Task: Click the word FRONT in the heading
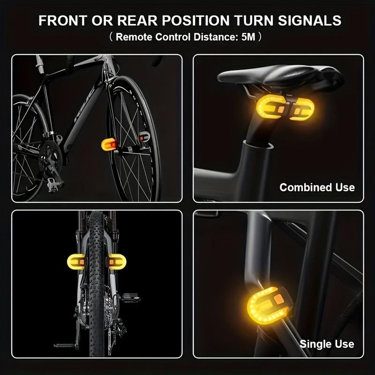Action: point(62,21)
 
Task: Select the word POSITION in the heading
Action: point(196,21)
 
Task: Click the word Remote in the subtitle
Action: point(134,37)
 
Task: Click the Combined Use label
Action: point(317,187)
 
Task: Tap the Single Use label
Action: point(327,344)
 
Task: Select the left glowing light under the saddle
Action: point(271,107)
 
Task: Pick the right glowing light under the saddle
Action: point(302,110)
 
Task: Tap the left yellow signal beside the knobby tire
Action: point(76,262)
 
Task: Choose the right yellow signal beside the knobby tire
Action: point(117,262)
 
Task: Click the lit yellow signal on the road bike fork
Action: point(109,144)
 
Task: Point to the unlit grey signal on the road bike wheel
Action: point(144,136)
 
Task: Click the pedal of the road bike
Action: point(54,185)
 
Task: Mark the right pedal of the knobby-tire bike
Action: point(130,298)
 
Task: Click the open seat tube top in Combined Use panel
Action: point(258,145)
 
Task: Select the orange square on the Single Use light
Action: point(278,299)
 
